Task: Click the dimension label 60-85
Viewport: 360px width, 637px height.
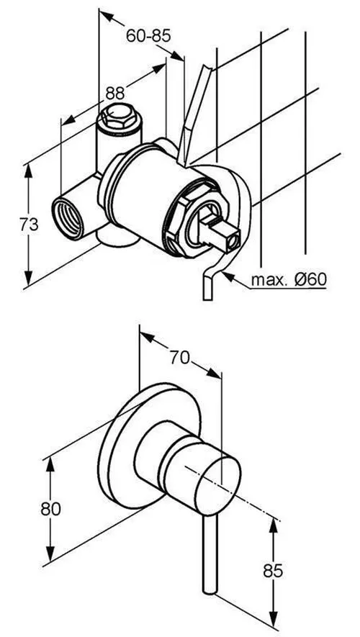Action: pos(148,36)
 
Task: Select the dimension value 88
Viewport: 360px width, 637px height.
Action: pos(115,94)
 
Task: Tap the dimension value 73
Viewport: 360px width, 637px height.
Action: pos(30,225)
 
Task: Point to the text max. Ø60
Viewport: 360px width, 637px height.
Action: pos(289,279)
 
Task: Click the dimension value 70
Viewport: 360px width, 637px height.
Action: pos(180,358)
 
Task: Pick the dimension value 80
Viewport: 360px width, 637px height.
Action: pos(51,509)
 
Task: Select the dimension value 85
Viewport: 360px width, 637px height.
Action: pos(273,571)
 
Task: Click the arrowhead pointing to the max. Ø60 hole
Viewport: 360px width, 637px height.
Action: pos(228,277)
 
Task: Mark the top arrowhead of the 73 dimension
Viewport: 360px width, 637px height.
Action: pos(28,171)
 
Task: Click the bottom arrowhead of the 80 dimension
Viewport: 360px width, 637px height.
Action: pos(50,554)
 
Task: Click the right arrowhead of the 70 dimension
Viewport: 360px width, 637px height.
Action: pos(215,374)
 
